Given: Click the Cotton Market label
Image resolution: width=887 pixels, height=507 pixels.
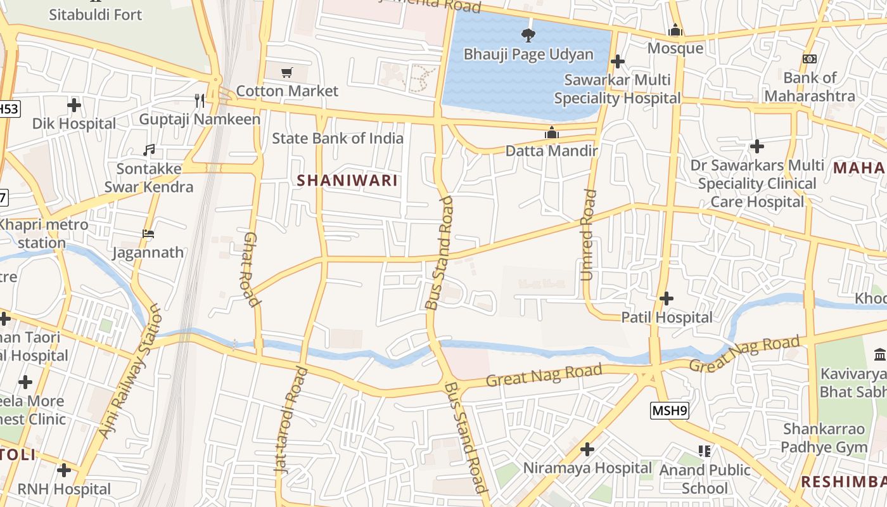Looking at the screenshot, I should (x=287, y=91).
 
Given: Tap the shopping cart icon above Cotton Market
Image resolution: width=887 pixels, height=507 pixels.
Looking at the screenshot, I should (x=287, y=72).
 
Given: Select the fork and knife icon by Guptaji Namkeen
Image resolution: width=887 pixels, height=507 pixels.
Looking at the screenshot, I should (x=200, y=100).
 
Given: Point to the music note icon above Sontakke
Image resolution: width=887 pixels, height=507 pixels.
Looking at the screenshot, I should (x=149, y=150).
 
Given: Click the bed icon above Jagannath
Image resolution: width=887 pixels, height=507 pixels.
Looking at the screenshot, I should (x=148, y=234).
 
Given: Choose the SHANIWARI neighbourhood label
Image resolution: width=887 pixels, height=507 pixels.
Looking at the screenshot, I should (x=347, y=181).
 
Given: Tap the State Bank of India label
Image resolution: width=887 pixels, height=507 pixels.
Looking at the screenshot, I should (x=338, y=138).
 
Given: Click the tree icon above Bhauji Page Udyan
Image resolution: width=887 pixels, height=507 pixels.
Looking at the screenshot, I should (x=528, y=35).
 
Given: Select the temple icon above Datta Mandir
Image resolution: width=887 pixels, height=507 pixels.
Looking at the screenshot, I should (x=551, y=133).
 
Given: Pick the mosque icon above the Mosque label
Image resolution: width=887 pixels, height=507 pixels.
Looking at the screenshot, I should (x=675, y=30).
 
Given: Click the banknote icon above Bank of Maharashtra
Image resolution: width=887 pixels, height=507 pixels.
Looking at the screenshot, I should (x=809, y=59).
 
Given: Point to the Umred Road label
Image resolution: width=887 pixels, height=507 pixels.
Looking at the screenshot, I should (x=589, y=234).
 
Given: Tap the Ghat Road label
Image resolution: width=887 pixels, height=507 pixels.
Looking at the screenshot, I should (x=252, y=269).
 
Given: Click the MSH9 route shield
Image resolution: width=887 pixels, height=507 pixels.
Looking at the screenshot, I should (x=669, y=411).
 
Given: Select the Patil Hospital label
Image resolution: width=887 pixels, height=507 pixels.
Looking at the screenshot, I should (x=667, y=317).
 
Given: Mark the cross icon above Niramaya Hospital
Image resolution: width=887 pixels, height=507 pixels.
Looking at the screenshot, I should (x=587, y=449).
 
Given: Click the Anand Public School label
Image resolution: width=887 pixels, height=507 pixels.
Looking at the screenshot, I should (x=705, y=479).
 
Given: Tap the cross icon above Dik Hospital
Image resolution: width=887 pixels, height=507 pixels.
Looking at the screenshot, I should (x=74, y=105).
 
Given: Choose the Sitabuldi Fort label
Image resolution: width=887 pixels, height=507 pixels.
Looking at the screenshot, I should (x=96, y=14).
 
